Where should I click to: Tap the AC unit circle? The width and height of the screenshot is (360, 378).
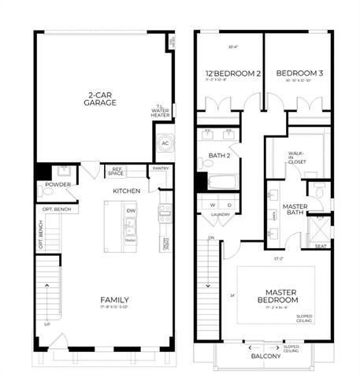(165, 143)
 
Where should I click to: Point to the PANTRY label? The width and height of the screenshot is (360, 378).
(161, 168)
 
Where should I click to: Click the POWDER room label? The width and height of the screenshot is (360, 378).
(58, 185)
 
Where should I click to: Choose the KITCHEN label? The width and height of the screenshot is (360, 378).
(126, 191)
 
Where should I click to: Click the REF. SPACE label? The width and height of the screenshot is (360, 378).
(117, 170)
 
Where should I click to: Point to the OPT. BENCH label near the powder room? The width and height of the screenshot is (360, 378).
(56, 209)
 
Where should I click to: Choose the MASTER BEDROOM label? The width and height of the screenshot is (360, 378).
(276, 296)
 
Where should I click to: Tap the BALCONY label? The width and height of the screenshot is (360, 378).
(266, 356)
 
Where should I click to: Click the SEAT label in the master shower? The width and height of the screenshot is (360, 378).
(321, 246)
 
